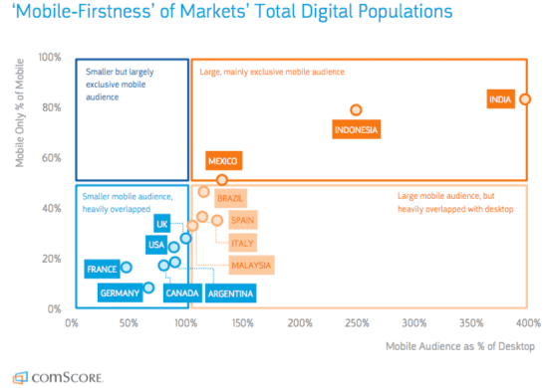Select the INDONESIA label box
point(357,129)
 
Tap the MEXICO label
point(224,161)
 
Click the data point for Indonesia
point(356,110)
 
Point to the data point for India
point(525,98)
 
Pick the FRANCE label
point(102,270)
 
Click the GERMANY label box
point(119,292)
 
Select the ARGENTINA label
point(230,292)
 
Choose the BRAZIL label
point(230,198)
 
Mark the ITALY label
point(242,242)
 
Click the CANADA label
point(182,292)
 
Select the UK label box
point(162,223)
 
